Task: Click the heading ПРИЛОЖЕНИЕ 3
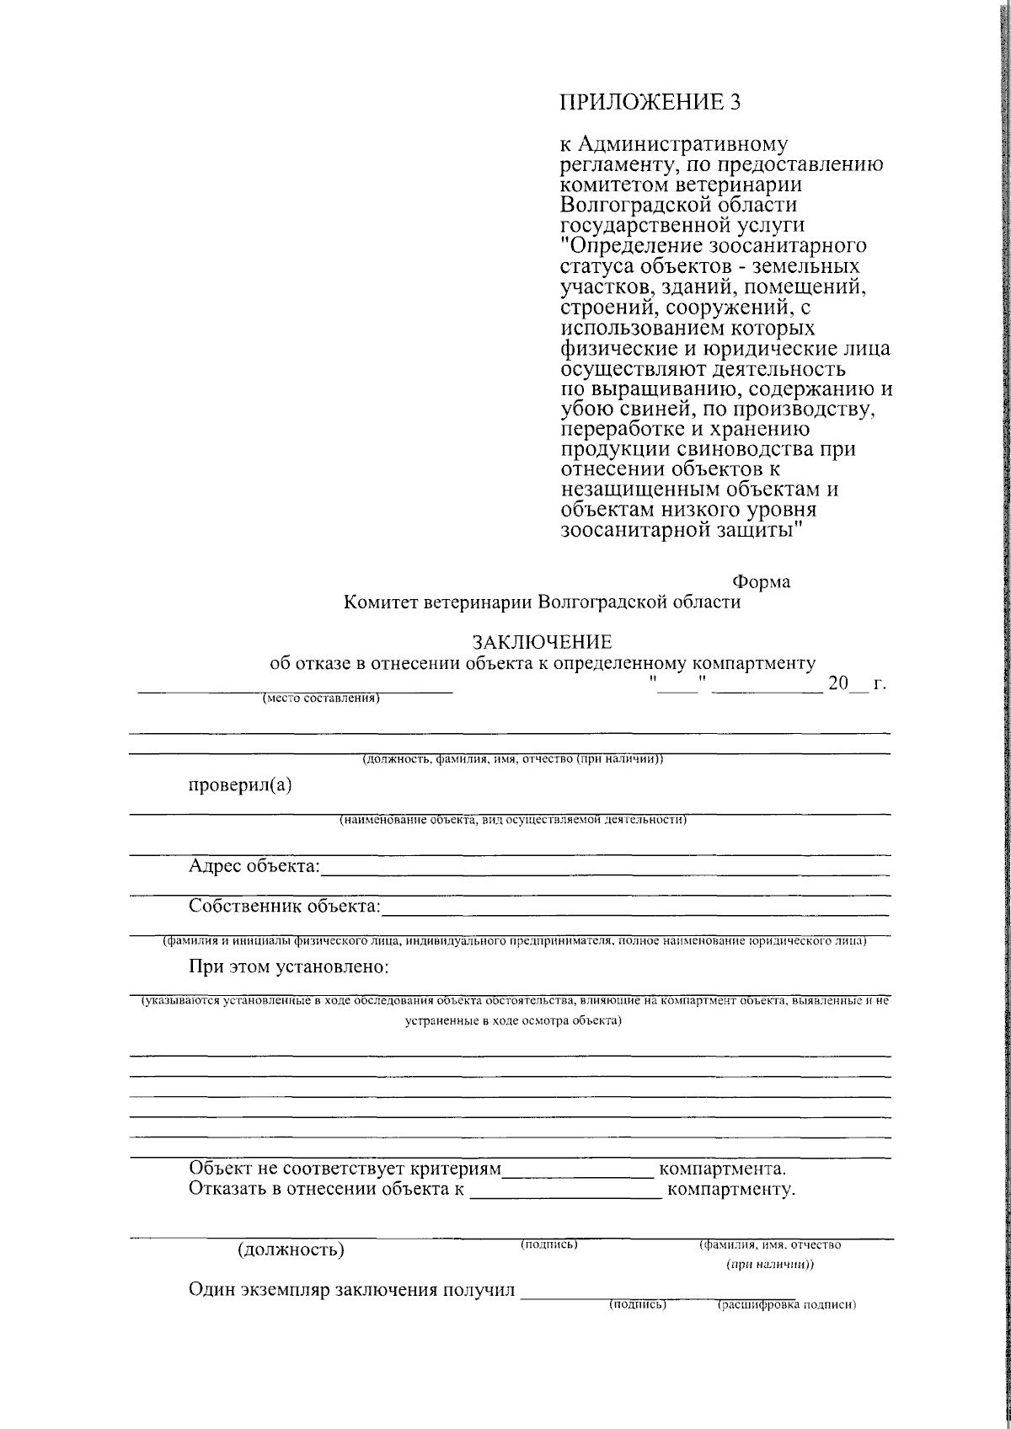(653, 102)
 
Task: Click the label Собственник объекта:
(285, 907)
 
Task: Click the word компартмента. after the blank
(722, 1169)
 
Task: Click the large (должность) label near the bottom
(292, 1249)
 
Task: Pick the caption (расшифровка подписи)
(786, 1306)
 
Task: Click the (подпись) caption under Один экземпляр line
(638, 1304)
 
